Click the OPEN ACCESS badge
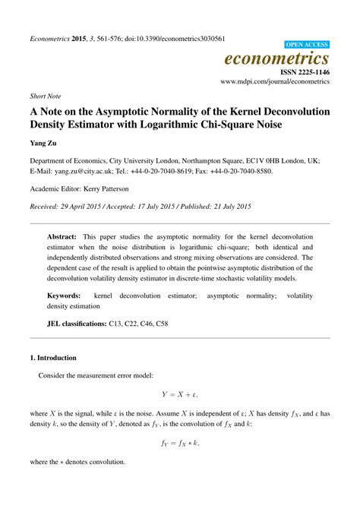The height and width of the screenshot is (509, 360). click(x=306, y=45)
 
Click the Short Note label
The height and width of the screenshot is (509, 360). click(x=47, y=97)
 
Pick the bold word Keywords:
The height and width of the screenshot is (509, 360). click(x=65, y=295)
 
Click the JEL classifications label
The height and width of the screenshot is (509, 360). click(x=76, y=324)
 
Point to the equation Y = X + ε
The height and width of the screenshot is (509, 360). click(x=181, y=394)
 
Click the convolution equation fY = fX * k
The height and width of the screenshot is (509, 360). click(x=181, y=442)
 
